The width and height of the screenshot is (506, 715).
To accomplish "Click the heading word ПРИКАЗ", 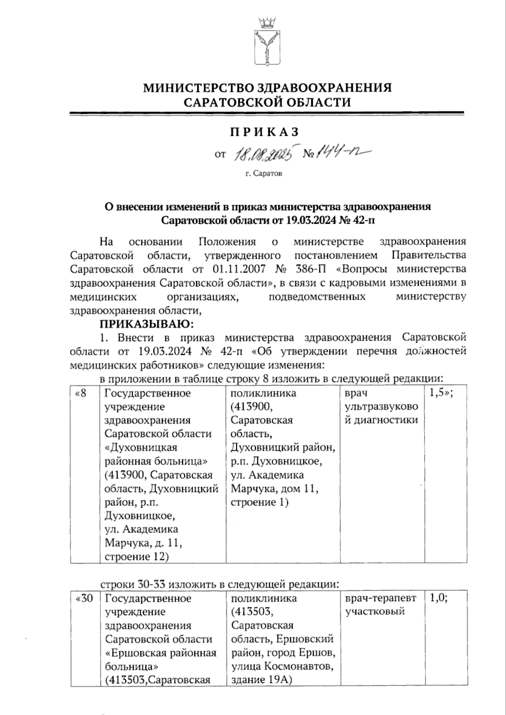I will click(x=264, y=132).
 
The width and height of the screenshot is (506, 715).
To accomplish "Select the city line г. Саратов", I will click(x=264, y=173).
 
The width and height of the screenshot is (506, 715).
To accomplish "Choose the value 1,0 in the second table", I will click(x=439, y=599).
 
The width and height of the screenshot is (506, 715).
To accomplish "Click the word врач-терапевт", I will click(x=381, y=599).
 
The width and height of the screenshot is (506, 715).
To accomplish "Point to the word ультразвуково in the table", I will click(x=382, y=407).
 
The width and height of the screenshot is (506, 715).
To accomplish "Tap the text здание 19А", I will click(x=262, y=680).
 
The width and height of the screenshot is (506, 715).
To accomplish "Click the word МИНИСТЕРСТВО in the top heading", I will click(x=200, y=88).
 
